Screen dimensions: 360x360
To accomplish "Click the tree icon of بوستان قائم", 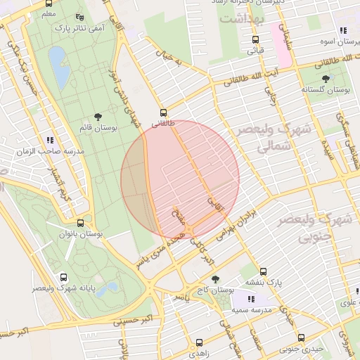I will click(x=97, y=117).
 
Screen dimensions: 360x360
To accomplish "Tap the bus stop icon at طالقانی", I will click(x=163, y=112).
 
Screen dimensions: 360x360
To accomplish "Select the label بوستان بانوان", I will click(x=84, y=232).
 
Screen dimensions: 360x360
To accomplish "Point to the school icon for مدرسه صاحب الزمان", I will click(x=50, y=140).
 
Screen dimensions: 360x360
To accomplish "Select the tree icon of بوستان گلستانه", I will click(x=325, y=79).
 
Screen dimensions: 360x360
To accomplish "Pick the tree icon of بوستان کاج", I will click(x=215, y=279).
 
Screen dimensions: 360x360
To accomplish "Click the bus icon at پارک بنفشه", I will click(x=263, y=271).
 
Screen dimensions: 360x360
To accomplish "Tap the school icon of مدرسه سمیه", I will click(x=251, y=300).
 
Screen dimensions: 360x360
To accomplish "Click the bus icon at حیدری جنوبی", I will click(x=301, y=337).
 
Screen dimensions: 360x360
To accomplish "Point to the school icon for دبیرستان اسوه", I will click(x=342, y=31).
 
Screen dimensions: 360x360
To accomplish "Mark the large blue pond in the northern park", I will click(x=58, y=66).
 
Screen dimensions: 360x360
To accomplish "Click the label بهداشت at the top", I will click(x=239, y=19).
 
